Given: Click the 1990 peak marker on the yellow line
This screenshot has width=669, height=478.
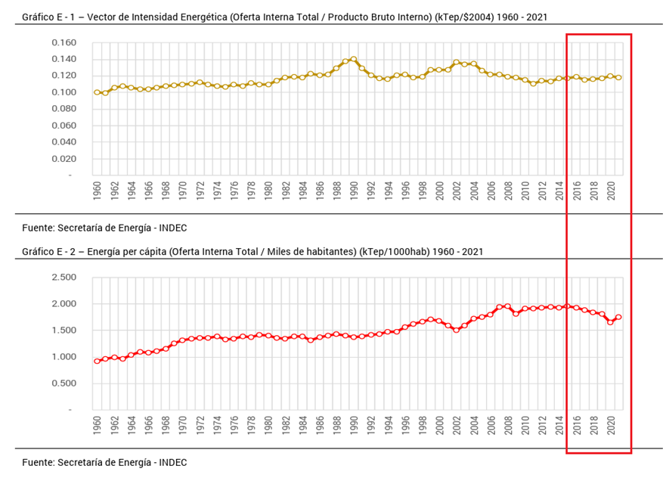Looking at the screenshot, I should click(x=353, y=59).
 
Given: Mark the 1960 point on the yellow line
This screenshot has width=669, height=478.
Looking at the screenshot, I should click(x=97, y=92).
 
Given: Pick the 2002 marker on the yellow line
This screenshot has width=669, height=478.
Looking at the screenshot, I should click(x=456, y=62).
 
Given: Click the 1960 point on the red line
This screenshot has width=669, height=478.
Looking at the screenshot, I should click(x=97, y=361).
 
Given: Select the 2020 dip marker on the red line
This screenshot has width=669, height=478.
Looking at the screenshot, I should click(x=610, y=322).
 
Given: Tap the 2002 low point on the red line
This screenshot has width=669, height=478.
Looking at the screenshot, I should click(x=456, y=330).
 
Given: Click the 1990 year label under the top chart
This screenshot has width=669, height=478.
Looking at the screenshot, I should click(x=354, y=192).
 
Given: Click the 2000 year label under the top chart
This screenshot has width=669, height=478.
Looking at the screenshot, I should click(x=439, y=192).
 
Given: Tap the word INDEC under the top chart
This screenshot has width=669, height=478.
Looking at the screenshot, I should click(x=171, y=228).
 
